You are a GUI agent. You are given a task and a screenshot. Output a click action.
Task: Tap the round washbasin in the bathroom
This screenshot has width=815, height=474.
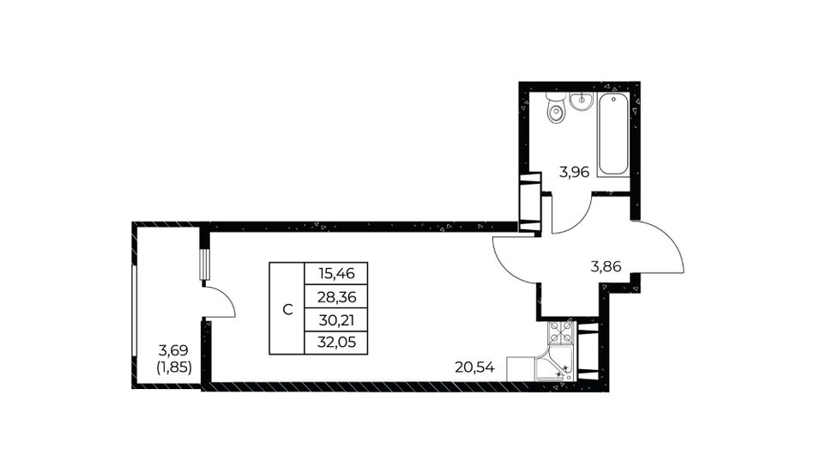click(581, 101)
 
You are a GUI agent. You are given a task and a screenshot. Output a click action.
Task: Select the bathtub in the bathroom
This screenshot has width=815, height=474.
click(613, 135)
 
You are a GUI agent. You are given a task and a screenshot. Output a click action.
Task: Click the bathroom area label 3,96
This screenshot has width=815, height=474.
click(574, 173)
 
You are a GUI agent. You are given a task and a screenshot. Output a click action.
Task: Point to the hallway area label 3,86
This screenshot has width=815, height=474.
click(606, 267)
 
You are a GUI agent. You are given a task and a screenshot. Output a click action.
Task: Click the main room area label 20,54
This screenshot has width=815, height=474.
click(474, 368)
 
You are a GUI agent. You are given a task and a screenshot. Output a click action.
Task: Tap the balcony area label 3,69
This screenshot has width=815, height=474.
click(173, 350)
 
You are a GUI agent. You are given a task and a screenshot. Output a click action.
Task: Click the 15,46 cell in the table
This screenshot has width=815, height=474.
click(335, 273)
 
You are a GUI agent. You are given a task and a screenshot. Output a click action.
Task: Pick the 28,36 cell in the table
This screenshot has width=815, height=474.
click(335, 296)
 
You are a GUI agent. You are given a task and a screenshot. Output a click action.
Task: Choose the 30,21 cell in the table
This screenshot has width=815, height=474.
click(335, 319)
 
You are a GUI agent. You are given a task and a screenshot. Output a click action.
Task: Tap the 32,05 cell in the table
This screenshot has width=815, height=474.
click(335, 343)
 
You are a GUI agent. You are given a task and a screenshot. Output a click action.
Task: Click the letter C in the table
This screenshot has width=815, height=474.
click(287, 310)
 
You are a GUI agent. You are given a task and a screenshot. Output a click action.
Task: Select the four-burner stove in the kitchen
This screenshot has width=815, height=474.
click(561, 332)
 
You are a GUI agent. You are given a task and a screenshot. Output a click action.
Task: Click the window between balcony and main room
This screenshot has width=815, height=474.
click(205, 266)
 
